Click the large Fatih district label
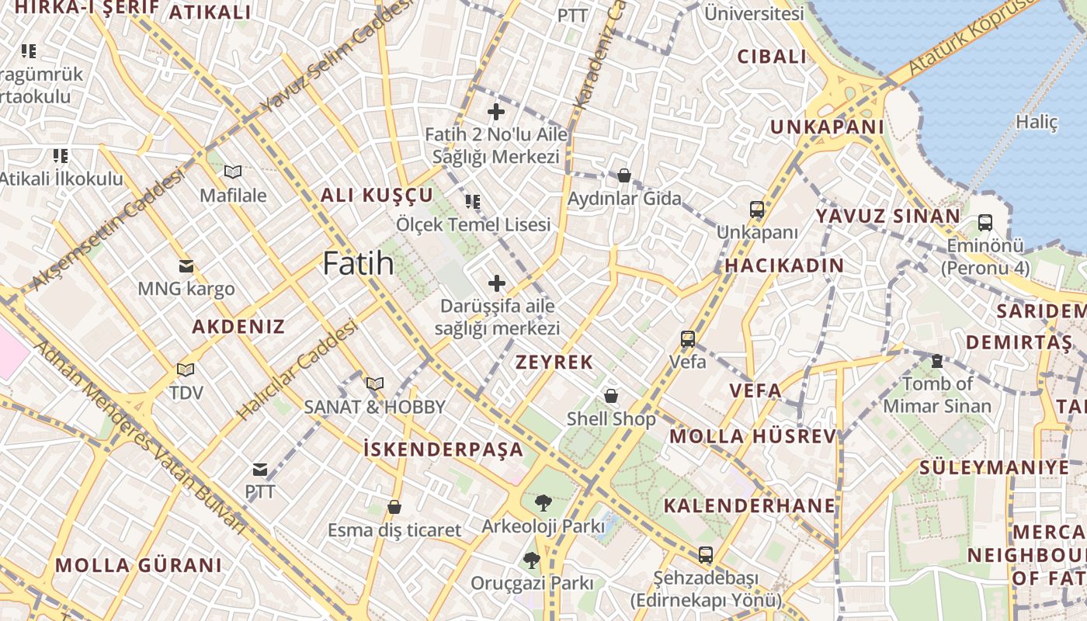(358, 264)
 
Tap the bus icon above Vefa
(688, 338)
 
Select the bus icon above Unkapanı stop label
(757, 210)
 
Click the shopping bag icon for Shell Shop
(612, 396)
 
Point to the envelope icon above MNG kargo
(186, 266)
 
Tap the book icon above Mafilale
(232, 172)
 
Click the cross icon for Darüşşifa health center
(497, 283)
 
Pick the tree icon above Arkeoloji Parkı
(543, 503)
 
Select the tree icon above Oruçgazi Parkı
(531, 560)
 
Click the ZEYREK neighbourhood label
(554, 362)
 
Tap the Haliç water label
(1037, 122)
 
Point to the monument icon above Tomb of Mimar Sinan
(937, 361)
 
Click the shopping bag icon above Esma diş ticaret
(394, 508)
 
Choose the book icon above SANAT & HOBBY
(375, 383)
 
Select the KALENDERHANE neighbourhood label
(749, 506)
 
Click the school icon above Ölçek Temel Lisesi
(473, 202)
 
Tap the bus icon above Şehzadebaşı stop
(705, 555)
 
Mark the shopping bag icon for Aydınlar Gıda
(624, 175)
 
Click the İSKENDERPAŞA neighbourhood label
(443, 449)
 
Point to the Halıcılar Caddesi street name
(298, 369)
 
